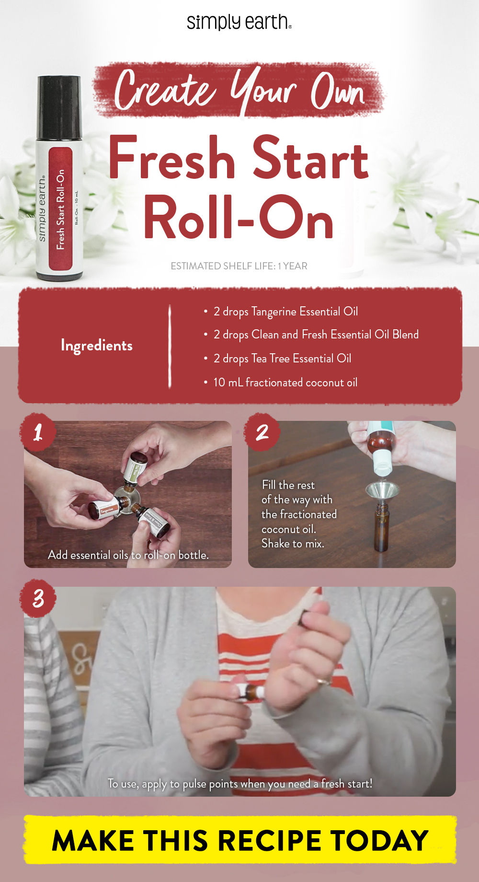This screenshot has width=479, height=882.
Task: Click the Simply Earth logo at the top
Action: (x=239, y=22)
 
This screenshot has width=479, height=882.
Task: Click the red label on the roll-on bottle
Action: (x=60, y=209)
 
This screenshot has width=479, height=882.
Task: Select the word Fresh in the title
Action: (x=172, y=159)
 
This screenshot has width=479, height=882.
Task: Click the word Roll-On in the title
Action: (x=238, y=218)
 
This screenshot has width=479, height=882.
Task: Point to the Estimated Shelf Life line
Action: (x=239, y=266)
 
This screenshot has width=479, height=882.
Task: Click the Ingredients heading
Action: (x=96, y=346)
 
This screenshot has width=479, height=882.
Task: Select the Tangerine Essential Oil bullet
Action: (x=285, y=312)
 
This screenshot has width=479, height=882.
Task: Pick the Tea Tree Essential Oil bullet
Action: (x=282, y=359)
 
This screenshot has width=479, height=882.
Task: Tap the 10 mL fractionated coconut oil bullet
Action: (x=285, y=383)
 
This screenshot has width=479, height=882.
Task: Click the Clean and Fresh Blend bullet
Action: (x=316, y=335)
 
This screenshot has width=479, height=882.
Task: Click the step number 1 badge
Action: (x=38, y=432)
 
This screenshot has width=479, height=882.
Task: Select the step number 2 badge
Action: (x=262, y=432)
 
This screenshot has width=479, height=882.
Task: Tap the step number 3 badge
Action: (x=38, y=598)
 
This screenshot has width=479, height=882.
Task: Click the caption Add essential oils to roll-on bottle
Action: (x=128, y=555)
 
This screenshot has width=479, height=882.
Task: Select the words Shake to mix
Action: (x=293, y=544)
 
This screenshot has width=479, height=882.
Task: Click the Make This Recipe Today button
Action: (x=239, y=840)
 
